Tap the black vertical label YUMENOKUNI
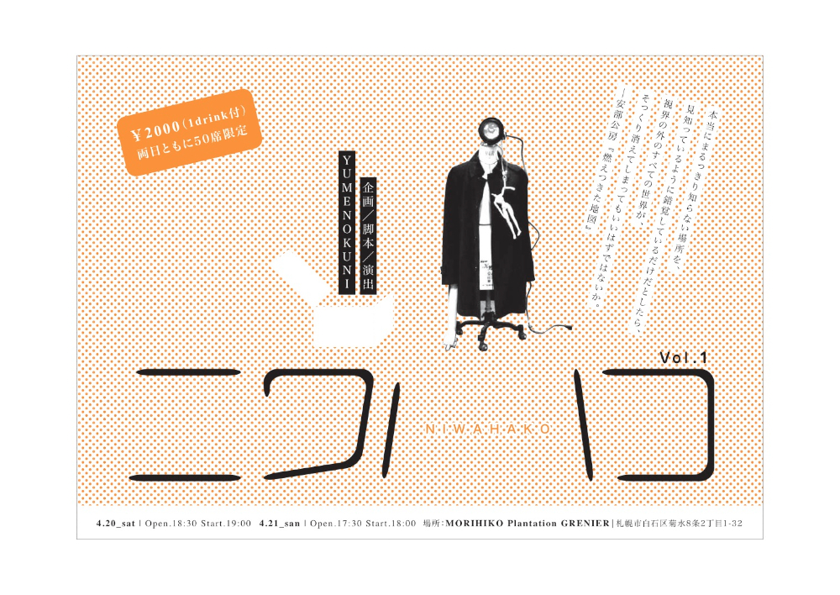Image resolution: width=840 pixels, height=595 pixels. tap(347, 222)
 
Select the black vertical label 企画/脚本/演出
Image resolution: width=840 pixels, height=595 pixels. tap(368, 235)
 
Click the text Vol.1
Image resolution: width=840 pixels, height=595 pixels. tap(684, 357)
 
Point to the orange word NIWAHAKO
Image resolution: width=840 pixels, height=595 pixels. tap(488, 429)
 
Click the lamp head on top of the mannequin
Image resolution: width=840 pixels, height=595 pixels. tap(490, 129)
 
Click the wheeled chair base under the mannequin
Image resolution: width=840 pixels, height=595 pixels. tap(491, 331)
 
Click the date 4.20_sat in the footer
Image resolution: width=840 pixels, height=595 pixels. tap(116, 524)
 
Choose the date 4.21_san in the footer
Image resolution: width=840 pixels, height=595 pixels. tap(280, 524)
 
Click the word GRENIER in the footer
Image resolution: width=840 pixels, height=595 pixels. tap(585, 524)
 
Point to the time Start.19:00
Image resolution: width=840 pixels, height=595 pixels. tap(226, 524)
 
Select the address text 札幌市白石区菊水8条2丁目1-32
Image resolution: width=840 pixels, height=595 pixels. tap(680, 524)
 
